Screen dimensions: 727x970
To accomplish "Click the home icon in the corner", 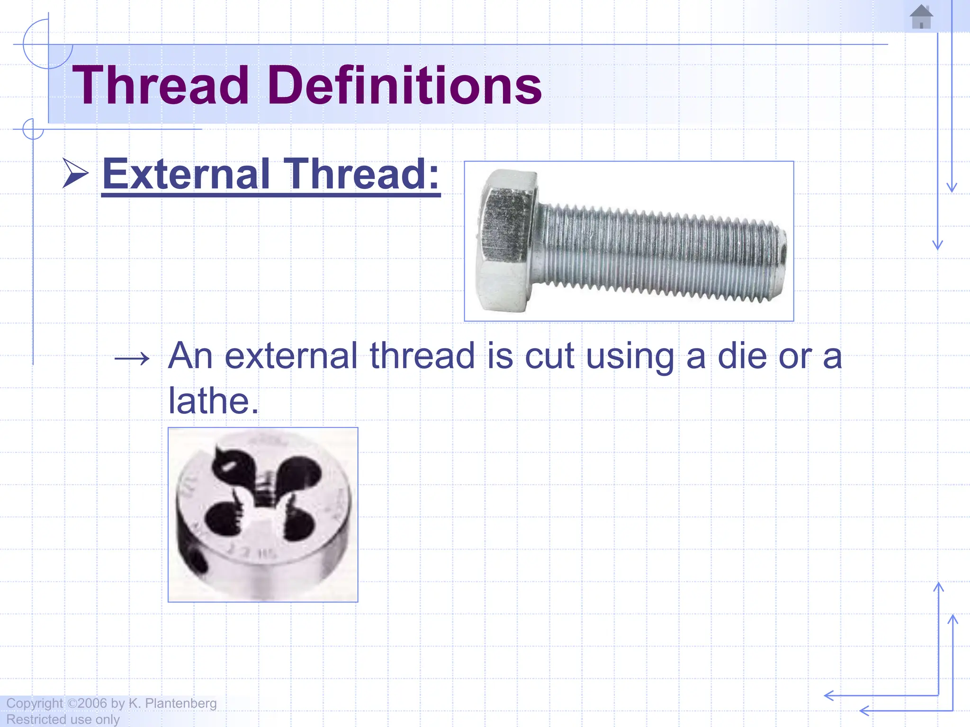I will coord(921,17).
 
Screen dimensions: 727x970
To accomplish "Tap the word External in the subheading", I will coord(187,174).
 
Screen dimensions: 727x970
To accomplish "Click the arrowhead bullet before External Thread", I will coord(75,174).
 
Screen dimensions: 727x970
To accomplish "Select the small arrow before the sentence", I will coord(132,358).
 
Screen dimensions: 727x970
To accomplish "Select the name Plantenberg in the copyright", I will coord(180,703).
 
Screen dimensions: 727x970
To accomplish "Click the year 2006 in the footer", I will coord(92,703).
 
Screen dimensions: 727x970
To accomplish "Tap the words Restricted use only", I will coord(63,719).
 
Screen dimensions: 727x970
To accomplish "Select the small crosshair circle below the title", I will coord(33,129).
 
